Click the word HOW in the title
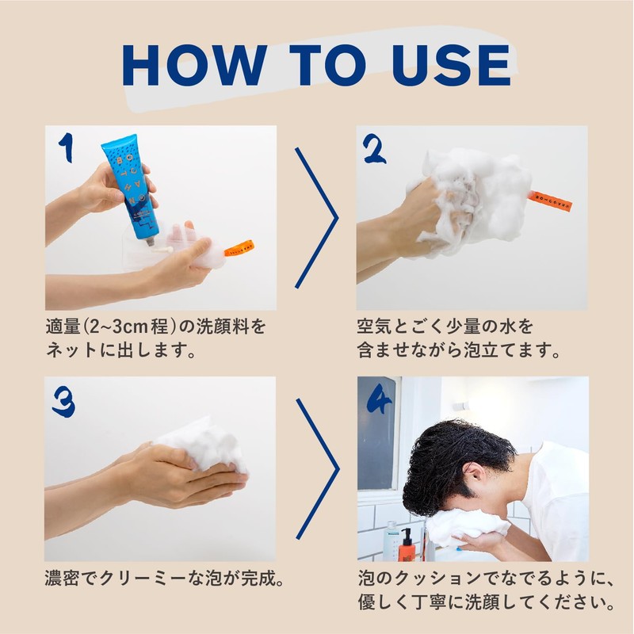(194, 65)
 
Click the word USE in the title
(451, 65)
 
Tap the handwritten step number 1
(67, 148)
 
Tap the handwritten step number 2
(374, 149)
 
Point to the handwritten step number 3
(64, 402)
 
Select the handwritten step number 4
(380, 399)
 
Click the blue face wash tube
(130, 189)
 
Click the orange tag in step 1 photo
(239, 248)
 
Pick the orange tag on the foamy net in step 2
(549, 201)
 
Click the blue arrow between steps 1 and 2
(316, 218)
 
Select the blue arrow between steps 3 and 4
(318, 469)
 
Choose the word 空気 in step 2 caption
(374, 327)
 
